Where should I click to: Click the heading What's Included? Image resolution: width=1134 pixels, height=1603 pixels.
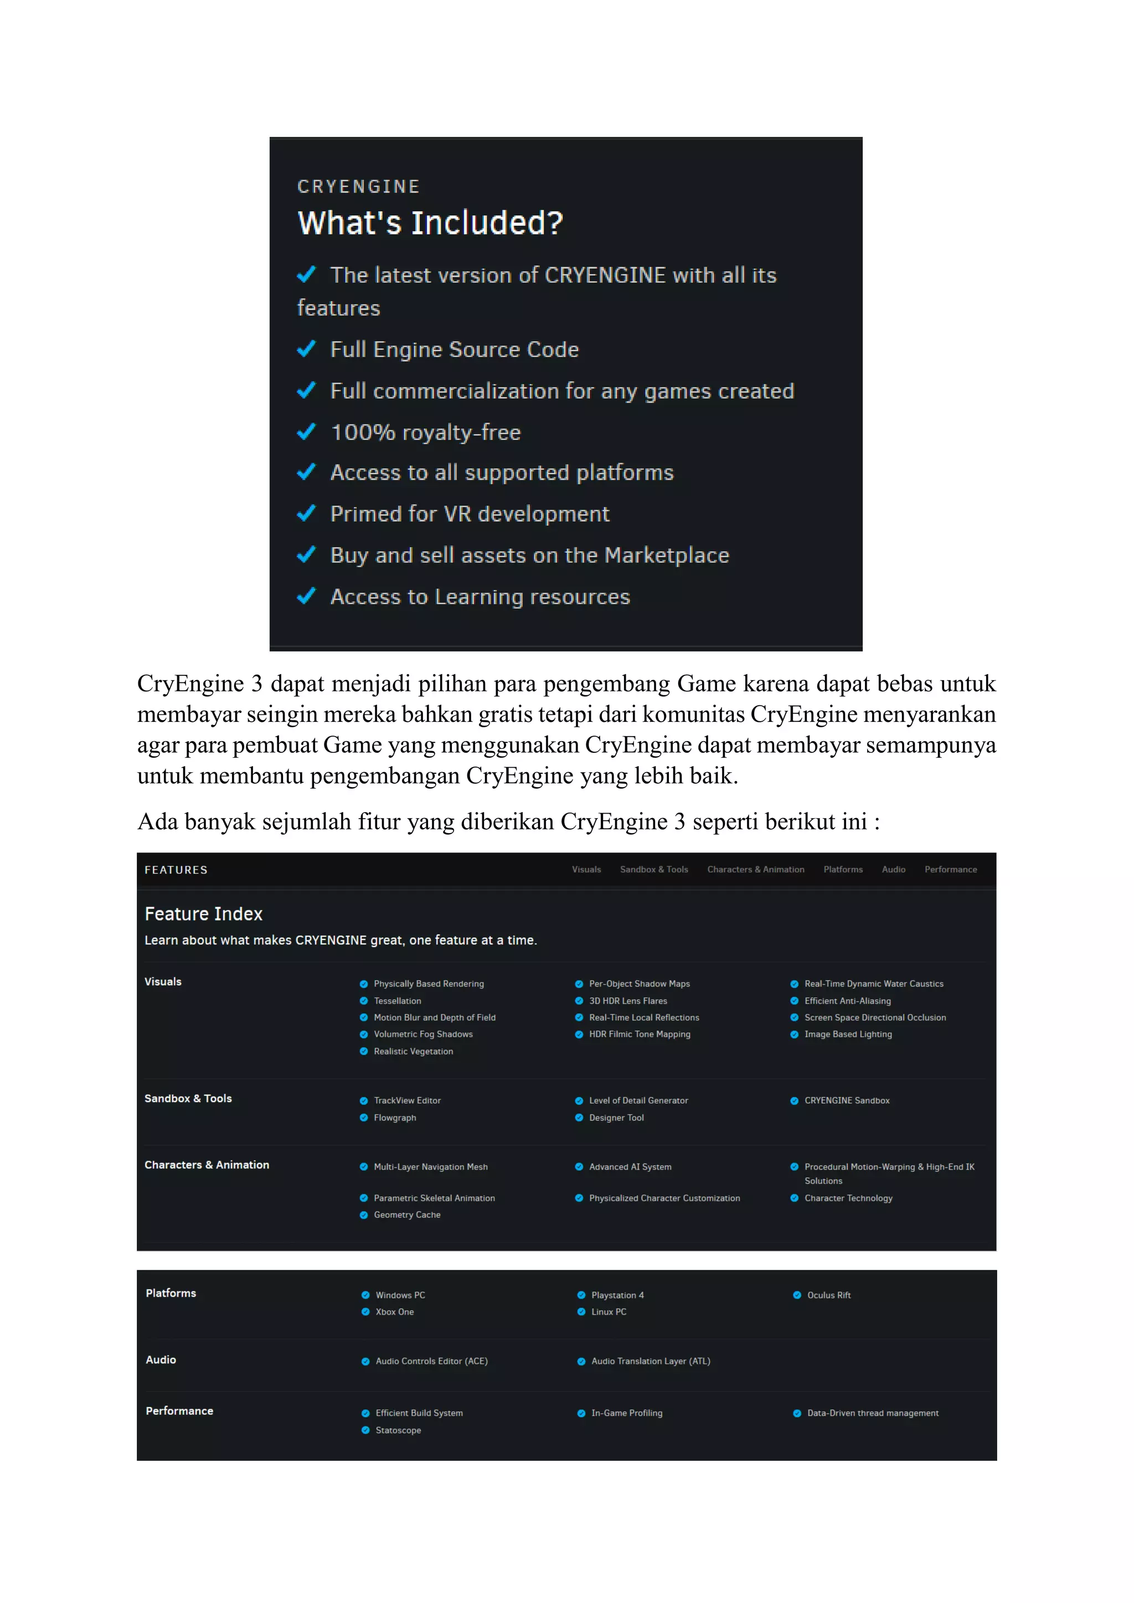click(430, 224)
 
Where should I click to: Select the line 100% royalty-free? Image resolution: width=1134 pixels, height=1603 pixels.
click(425, 432)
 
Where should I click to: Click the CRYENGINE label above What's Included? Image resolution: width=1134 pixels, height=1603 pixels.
click(358, 187)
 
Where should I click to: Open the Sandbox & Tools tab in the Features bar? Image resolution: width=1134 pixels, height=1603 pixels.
click(653, 869)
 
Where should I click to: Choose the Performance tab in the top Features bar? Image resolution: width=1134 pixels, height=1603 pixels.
click(950, 869)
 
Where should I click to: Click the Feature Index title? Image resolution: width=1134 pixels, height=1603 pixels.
click(203, 914)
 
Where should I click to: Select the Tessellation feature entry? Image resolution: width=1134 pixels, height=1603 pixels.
click(398, 1000)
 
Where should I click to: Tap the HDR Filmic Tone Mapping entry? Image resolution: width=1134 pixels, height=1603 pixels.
click(639, 1034)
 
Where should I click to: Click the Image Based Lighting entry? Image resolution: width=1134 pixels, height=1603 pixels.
click(848, 1034)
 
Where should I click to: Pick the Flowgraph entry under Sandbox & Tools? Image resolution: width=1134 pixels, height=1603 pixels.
click(395, 1117)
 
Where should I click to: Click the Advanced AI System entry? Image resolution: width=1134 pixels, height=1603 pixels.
click(630, 1167)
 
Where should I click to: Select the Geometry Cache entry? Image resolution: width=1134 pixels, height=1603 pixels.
click(407, 1215)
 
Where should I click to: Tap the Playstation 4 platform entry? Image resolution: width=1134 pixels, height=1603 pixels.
click(617, 1295)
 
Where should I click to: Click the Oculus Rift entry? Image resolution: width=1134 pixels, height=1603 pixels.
click(829, 1295)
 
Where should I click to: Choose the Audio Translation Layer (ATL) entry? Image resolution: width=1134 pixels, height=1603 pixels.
click(650, 1361)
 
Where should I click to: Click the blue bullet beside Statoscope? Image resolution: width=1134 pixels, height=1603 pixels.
click(365, 1430)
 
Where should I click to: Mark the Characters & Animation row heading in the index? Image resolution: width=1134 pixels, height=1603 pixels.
click(207, 1165)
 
